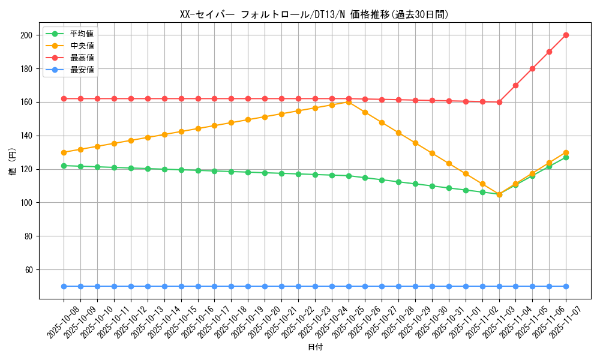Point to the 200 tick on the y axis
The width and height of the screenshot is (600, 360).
coord(26,35)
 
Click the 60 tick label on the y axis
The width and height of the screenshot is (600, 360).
coord(28,270)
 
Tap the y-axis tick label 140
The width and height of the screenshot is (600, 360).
coord(26,136)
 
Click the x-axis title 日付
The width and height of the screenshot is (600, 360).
coord(315,347)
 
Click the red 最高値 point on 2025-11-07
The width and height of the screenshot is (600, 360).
coord(566,35)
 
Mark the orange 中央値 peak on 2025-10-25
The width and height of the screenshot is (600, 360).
coord(349,102)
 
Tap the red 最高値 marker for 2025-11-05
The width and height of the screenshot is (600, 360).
coord(532,68)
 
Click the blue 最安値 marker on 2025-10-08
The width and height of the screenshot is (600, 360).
coord(64,286)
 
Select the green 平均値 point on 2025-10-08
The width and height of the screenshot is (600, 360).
coord(64,166)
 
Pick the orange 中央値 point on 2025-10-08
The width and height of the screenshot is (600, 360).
coord(64,152)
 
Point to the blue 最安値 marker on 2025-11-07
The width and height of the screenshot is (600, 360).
coord(566,286)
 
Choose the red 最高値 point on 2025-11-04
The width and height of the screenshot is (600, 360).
coord(515,85)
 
